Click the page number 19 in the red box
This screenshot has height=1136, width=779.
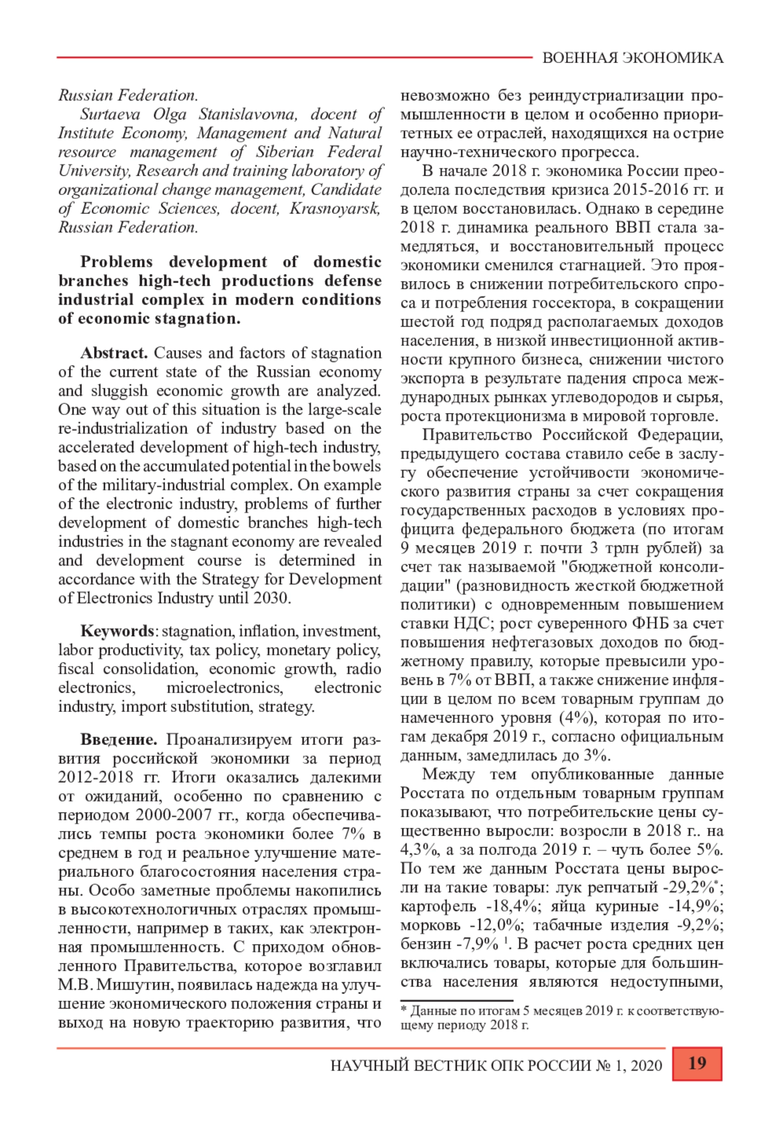pyautogui.click(x=697, y=1063)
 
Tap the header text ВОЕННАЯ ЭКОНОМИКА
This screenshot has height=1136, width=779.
pyautogui.click(x=632, y=58)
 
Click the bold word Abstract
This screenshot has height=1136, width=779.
pyautogui.click(x=114, y=353)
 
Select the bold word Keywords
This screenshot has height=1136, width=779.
pyautogui.click(x=117, y=631)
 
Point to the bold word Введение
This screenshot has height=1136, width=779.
pyautogui.click(x=119, y=740)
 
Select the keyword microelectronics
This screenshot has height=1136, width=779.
pyautogui.click(x=225, y=688)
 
